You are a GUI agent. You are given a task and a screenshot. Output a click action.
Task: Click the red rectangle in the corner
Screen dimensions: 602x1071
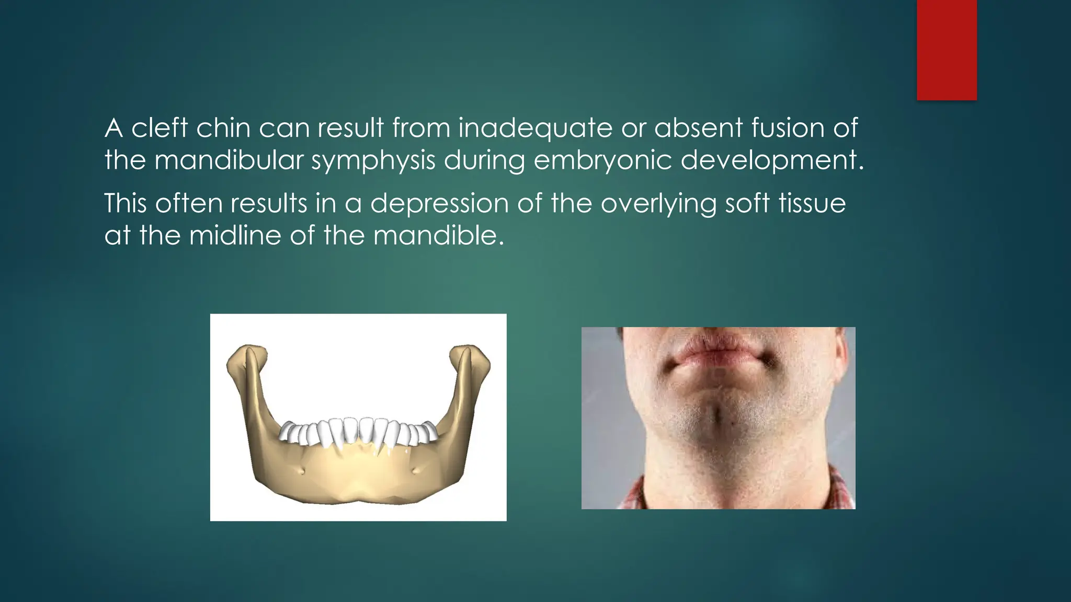(x=947, y=50)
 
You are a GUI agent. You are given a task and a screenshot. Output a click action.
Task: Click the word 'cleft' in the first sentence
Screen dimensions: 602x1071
(x=159, y=128)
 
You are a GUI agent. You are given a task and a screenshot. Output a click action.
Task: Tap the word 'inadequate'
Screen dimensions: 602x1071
(x=535, y=129)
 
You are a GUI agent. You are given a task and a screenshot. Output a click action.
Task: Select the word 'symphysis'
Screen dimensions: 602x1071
(x=373, y=160)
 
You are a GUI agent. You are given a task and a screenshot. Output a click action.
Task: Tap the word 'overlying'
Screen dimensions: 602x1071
(x=658, y=204)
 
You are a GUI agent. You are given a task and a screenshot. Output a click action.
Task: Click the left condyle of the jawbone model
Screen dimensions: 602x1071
(x=246, y=355)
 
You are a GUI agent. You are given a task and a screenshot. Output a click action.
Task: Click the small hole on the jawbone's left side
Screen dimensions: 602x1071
(x=302, y=472)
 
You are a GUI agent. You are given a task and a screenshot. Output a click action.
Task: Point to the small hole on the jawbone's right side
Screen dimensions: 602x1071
(x=415, y=471)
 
